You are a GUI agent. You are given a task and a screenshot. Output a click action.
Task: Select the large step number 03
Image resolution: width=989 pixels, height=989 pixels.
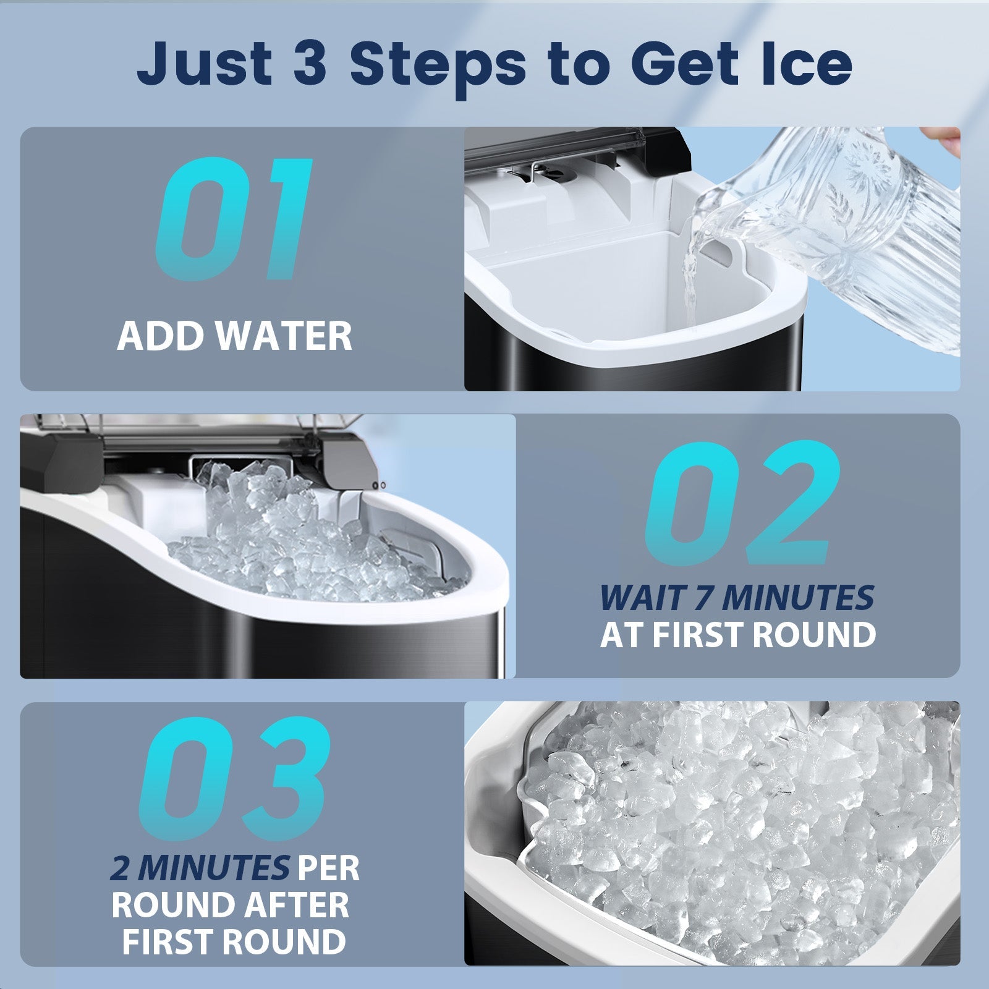pos(234,780)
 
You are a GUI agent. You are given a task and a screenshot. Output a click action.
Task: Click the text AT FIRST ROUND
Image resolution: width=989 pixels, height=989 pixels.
pos(738,635)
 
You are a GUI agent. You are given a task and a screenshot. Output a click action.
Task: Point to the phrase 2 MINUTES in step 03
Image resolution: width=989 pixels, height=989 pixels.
pos(200,868)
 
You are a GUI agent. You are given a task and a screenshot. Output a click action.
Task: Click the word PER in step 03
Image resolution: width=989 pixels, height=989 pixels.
pos(328,868)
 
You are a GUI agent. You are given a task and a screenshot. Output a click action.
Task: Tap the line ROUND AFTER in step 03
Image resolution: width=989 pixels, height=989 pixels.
pos(230,905)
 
